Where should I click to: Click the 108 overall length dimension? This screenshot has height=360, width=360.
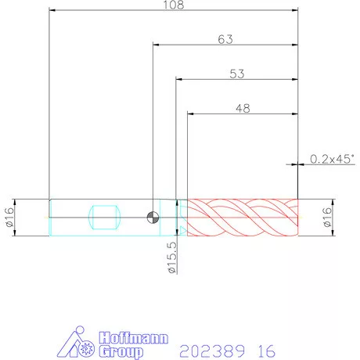(x=174, y=5)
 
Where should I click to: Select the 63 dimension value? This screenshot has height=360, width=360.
(x=225, y=39)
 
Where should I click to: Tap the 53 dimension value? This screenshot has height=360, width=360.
(x=237, y=74)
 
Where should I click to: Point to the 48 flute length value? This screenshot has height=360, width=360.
(x=243, y=109)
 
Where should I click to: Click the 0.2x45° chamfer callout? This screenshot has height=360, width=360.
(x=333, y=159)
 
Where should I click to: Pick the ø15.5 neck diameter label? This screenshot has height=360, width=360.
(x=172, y=257)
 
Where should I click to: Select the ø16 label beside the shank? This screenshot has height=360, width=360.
(x=9, y=218)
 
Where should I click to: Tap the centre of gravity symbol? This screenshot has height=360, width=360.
(x=153, y=218)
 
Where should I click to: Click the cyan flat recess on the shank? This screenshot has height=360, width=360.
(x=104, y=218)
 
